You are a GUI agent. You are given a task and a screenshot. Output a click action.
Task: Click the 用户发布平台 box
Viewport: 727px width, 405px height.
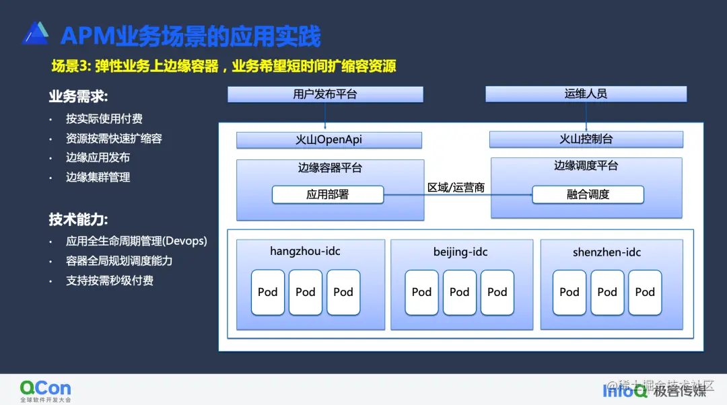(x=325, y=94)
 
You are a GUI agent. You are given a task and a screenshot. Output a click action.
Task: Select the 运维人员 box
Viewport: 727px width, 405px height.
(x=586, y=94)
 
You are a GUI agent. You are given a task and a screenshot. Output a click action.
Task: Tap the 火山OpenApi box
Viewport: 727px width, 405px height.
(x=328, y=140)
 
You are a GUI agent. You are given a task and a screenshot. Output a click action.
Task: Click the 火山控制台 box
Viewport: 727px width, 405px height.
(x=586, y=139)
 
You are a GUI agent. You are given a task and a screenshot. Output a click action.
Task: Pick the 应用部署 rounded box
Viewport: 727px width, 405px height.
(x=328, y=195)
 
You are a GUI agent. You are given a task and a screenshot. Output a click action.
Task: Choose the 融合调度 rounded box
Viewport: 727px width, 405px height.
(x=588, y=194)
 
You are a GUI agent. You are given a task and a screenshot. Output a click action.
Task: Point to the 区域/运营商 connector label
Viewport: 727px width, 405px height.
(x=456, y=187)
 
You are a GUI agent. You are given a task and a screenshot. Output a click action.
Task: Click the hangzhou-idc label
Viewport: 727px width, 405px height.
(x=305, y=252)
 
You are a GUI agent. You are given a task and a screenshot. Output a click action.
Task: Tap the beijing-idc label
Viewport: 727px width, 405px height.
(x=460, y=252)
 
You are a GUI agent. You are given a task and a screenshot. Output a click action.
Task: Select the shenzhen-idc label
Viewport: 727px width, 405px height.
(x=607, y=252)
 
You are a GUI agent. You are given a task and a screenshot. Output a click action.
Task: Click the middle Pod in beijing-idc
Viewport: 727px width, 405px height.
(x=459, y=292)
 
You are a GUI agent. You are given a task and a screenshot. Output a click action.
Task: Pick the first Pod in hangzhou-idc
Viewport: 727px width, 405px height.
(x=268, y=292)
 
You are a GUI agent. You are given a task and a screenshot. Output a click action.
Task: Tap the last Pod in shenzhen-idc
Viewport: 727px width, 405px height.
(x=645, y=292)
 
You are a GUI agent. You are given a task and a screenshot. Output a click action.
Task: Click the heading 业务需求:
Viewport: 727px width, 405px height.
(x=79, y=96)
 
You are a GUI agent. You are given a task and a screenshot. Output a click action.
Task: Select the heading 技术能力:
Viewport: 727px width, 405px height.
(x=79, y=219)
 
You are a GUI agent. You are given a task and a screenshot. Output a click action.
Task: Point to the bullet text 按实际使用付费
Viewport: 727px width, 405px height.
(x=104, y=119)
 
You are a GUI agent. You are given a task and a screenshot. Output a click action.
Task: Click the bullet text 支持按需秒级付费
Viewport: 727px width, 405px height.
(x=110, y=281)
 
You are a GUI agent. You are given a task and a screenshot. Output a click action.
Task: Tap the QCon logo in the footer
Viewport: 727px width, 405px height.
(x=45, y=390)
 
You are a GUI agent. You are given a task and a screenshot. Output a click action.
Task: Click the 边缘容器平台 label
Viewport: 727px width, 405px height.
(x=330, y=168)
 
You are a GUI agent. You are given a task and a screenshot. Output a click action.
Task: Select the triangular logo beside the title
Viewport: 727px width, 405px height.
(x=35, y=34)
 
